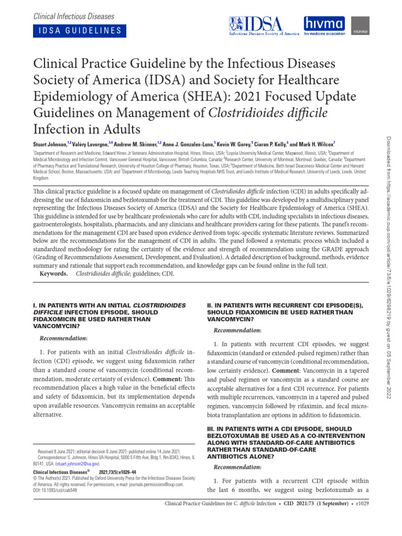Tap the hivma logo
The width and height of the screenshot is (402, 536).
point(325,26)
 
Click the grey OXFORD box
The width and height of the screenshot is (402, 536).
point(359,26)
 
